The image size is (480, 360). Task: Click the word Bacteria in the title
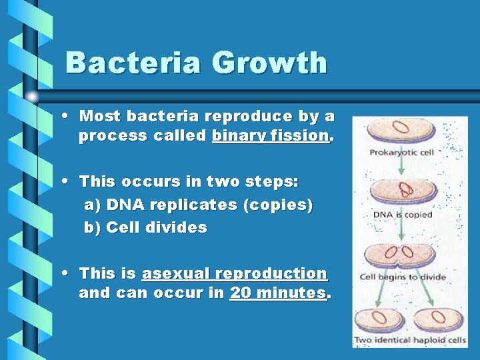[133, 63]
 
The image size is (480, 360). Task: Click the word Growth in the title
[270, 63]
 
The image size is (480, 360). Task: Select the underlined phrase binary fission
[271, 136]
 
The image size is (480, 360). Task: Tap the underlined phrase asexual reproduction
[234, 273]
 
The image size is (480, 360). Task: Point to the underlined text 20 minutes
[279, 293]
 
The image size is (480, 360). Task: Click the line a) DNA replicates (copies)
[198, 205]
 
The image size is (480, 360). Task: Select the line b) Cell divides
[145, 227]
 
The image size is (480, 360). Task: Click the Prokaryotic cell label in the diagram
[402, 153]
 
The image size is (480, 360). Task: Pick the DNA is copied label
[402, 215]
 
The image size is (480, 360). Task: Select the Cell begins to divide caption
[397, 277]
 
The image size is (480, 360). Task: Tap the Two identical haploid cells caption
[410, 340]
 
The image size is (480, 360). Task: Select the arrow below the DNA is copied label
[402, 231]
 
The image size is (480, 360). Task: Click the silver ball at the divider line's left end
[31, 96]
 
